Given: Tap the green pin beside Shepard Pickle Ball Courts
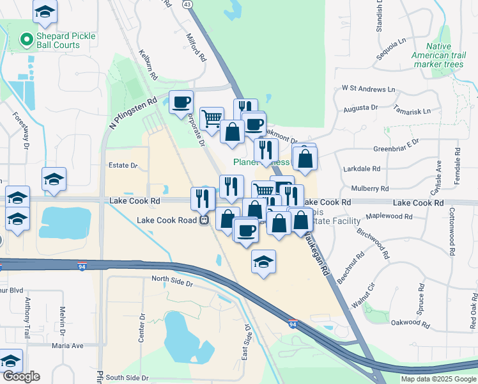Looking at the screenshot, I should [x=27, y=40].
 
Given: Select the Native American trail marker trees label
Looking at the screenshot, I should [x=447, y=56].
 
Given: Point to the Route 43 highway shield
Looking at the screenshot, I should [x=187, y=4].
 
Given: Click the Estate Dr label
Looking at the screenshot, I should [x=123, y=165].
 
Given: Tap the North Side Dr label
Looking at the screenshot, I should [x=172, y=279].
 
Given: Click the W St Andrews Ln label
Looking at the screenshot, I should [x=364, y=88].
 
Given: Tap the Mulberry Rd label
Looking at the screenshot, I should [x=370, y=189].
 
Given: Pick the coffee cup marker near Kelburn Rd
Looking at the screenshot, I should [x=181, y=101].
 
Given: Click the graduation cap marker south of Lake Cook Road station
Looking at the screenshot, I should [x=263, y=262].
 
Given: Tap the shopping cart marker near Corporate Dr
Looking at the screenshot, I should [x=212, y=117].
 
